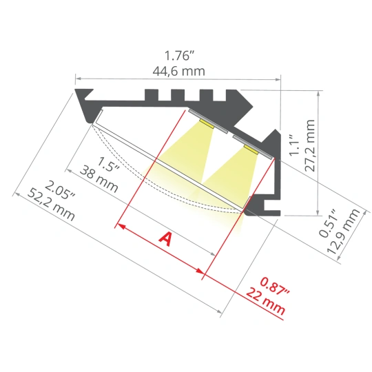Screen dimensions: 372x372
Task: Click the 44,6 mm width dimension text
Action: (x=178, y=71)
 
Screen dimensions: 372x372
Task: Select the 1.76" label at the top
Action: (x=179, y=56)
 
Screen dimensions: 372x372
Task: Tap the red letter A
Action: (x=165, y=239)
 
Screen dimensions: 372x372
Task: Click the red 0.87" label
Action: (x=275, y=287)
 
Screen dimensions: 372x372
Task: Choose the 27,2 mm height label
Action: (x=309, y=145)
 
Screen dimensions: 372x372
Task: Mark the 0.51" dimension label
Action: (x=328, y=223)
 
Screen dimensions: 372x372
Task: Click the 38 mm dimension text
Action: (x=99, y=179)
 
